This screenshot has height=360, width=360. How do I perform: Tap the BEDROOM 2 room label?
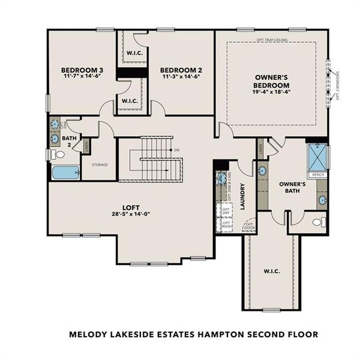181,70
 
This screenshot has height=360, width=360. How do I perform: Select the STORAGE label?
100,164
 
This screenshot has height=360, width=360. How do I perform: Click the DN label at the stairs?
176,149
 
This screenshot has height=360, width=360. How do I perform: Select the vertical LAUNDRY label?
244,196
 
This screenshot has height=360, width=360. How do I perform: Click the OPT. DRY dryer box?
226,211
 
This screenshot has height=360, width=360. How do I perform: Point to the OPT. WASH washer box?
227,225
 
